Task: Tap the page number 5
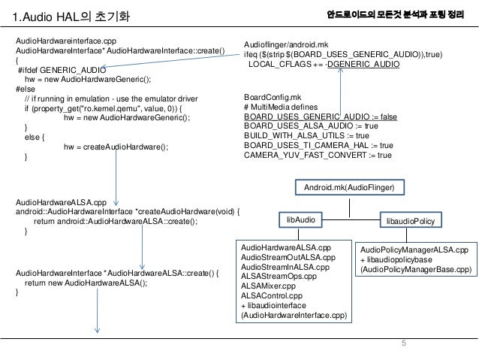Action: point(403,343)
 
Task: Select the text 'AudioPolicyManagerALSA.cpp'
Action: point(414,249)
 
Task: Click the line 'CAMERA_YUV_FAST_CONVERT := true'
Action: point(318,155)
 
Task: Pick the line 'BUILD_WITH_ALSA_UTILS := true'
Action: point(307,135)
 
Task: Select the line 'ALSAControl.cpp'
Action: point(270,296)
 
